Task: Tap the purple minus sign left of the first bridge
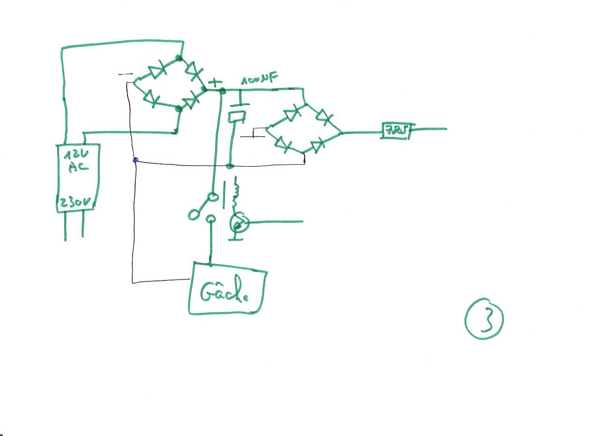point(126,74)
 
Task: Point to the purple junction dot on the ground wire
point(135,160)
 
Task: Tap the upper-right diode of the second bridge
point(323,116)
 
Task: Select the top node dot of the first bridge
point(179,58)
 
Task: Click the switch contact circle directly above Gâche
point(211,218)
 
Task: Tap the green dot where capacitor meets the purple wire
point(230,166)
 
